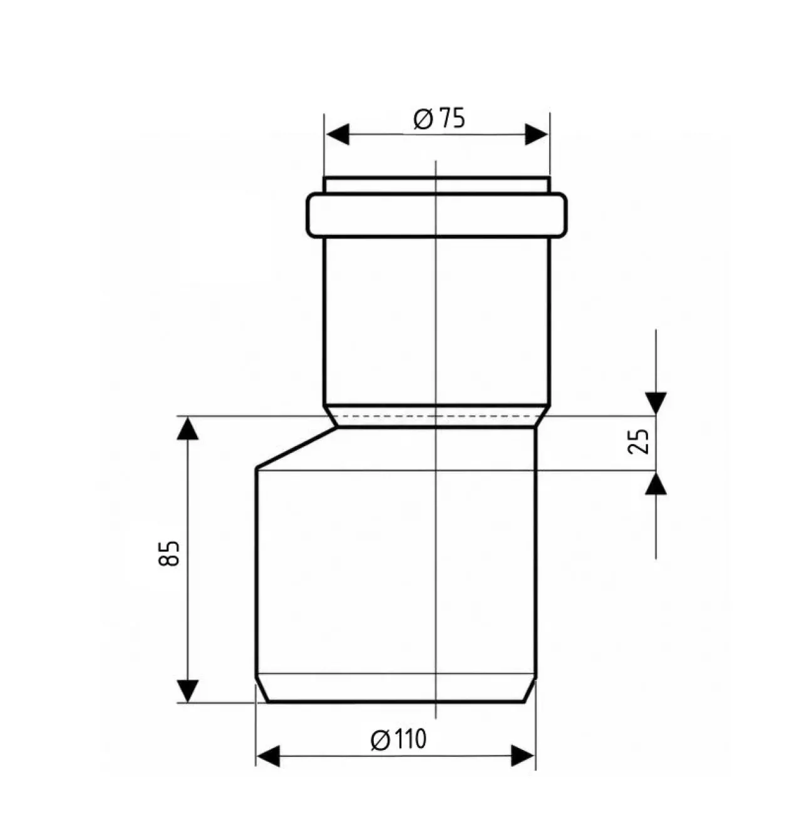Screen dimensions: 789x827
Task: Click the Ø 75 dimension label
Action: [439, 118]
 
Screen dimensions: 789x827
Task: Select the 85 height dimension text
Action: [169, 553]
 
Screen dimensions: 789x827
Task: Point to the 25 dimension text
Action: [638, 441]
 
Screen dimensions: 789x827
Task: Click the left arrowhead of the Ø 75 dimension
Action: [338, 134]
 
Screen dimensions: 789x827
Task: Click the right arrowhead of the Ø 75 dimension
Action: [537, 134]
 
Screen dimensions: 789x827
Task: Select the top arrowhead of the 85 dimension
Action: [188, 429]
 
